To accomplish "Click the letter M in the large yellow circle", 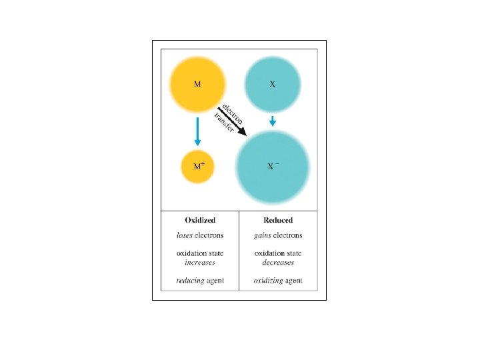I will pyautogui.click(x=197, y=85).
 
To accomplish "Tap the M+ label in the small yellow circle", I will pyautogui.click(x=199, y=165).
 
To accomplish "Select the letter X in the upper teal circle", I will pyautogui.click(x=273, y=85).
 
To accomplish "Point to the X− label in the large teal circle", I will pyautogui.click(x=273, y=166).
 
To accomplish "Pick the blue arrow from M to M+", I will pyautogui.click(x=197, y=131).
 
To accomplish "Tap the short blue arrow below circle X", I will pyautogui.click(x=273, y=121).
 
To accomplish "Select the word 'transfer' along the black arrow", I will pyautogui.click(x=225, y=123).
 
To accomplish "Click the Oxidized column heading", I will pyautogui.click(x=200, y=220).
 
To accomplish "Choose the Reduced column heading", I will pyautogui.click(x=278, y=220).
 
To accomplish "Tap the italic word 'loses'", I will pyautogui.click(x=185, y=235).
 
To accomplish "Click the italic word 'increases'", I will pyautogui.click(x=200, y=262).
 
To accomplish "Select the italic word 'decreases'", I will pyautogui.click(x=278, y=262).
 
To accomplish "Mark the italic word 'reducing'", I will pyautogui.click(x=190, y=281).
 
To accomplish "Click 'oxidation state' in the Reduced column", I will pyautogui.click(x=278, y=253).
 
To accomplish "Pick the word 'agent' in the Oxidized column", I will pyautogui.click(x=214, y=281).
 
